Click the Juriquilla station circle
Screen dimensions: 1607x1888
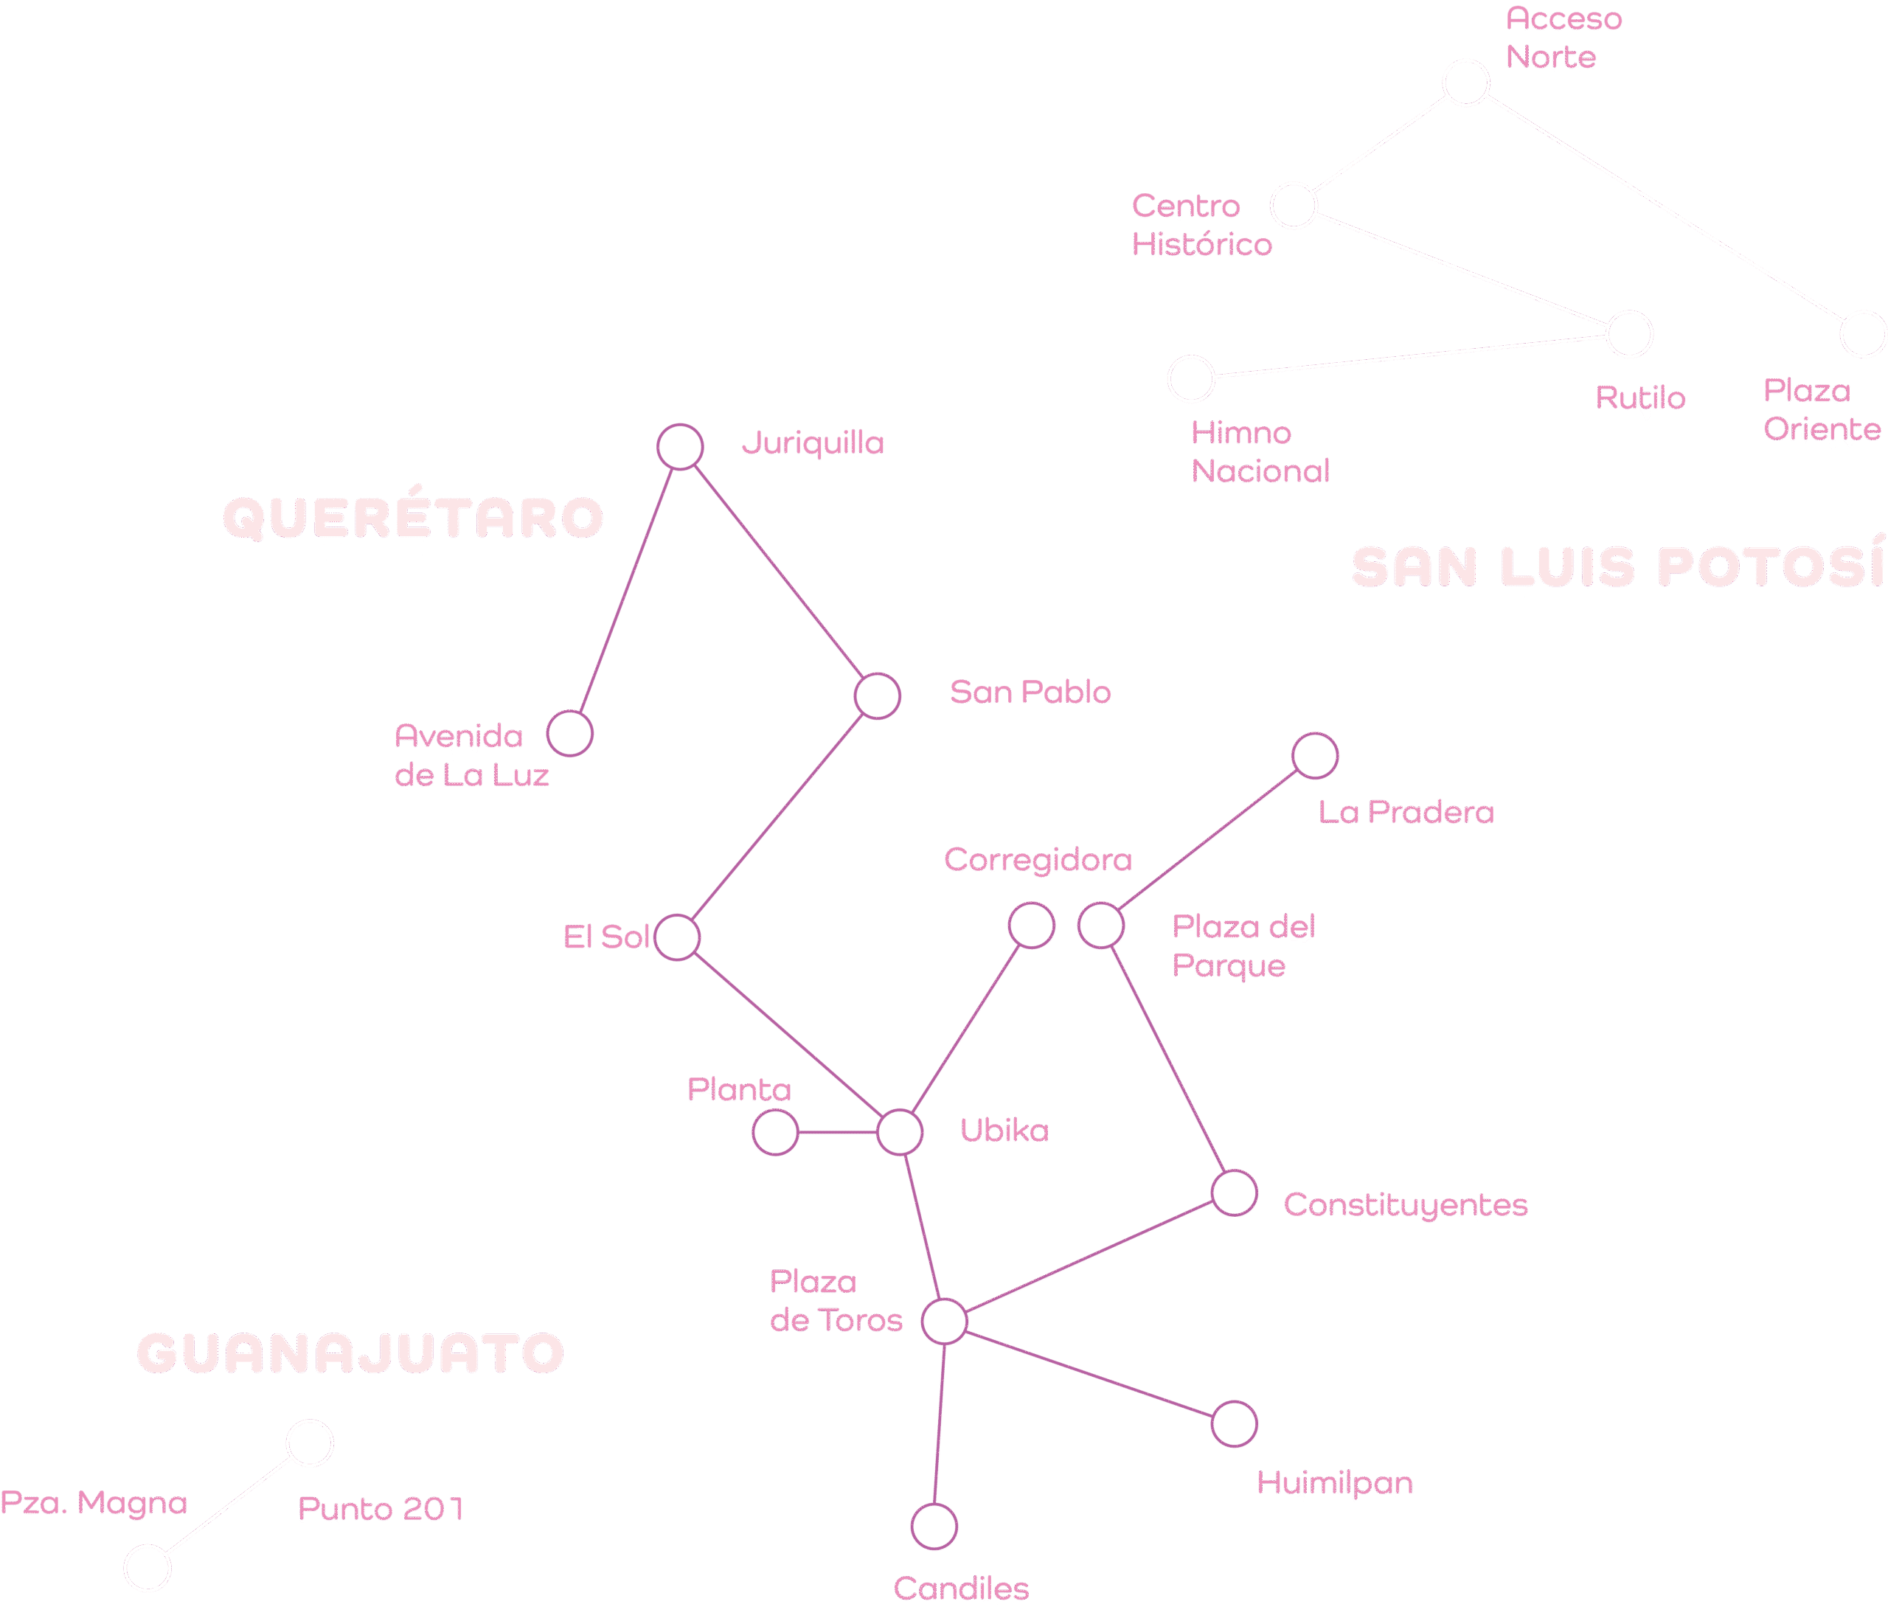coord(680,448)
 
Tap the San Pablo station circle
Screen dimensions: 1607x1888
coord(877,696)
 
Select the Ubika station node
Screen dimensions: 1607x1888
coord(900,1132)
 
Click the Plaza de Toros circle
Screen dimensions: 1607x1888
coord(945,1321)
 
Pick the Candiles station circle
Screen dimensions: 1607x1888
coord(934,1527)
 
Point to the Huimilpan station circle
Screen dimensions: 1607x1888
coord(1234,1424)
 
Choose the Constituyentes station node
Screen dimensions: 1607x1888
coord(1234,1193)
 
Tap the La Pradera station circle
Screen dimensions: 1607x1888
coord(1315,755)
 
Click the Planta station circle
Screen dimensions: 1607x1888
coord(775,1134)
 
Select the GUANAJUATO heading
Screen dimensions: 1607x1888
coord(350,1353)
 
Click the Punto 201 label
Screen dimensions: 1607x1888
coord(381,1509)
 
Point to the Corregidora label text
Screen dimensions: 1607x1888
coord(1038,860)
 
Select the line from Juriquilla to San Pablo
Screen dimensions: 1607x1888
coord(779,572)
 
